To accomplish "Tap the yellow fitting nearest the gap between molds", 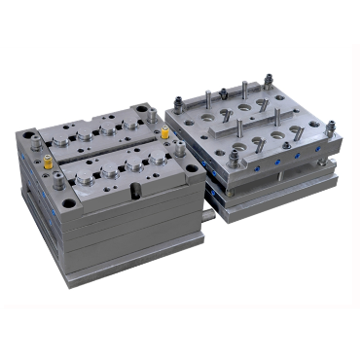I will pyautogui.click(x=164, y=132).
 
